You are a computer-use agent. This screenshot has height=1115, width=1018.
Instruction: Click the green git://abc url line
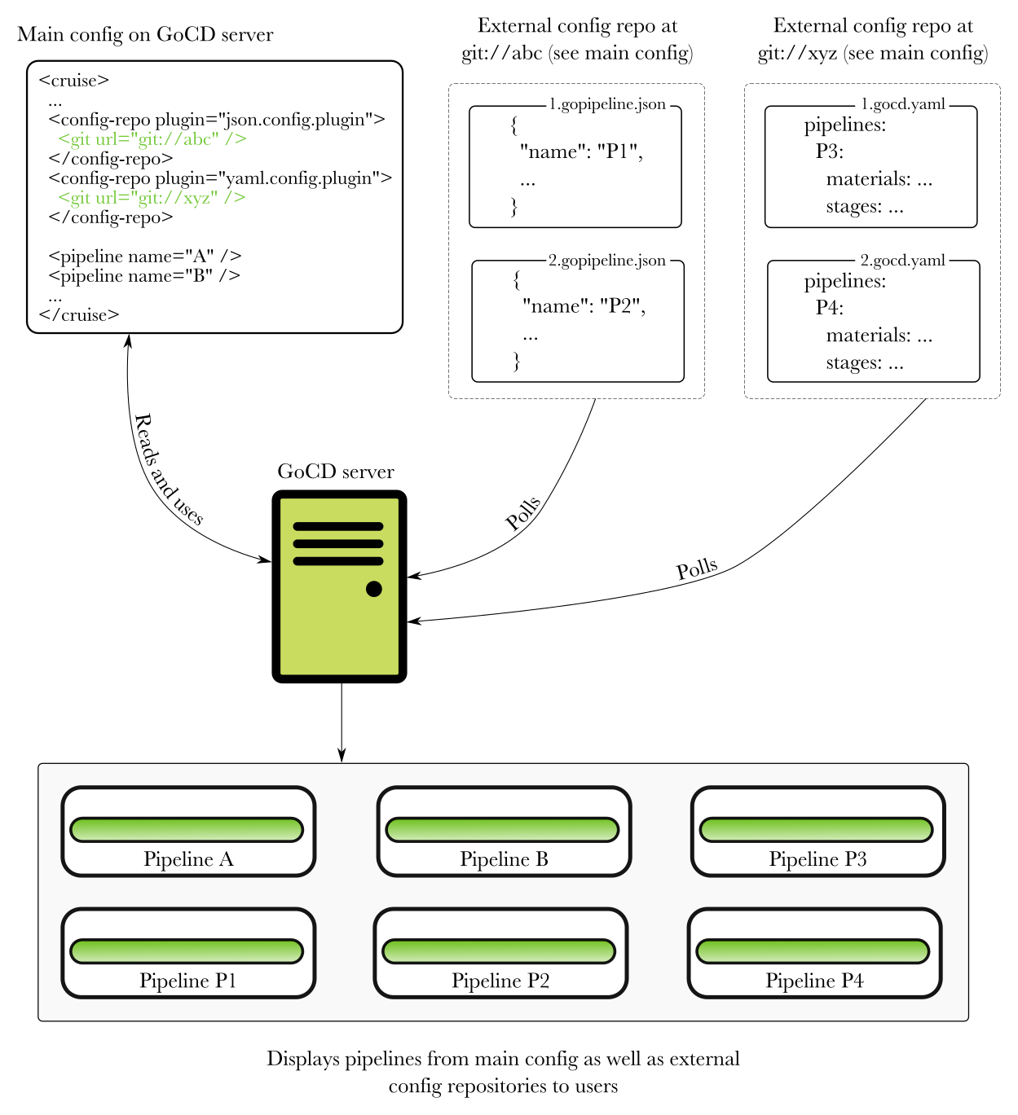[x=152, y=139]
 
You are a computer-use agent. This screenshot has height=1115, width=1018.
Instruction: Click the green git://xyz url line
[x=152, y=198]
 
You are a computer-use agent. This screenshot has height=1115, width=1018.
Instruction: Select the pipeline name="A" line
[x=144, y=257]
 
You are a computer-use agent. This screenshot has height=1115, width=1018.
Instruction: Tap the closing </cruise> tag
[x=79, y=315]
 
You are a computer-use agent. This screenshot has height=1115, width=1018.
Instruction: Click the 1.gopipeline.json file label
[x=607, y=104]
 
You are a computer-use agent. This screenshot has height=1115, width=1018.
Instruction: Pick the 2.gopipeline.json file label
[x=607, y=261]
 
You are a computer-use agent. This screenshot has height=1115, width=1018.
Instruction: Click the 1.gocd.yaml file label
[x=903, y=104]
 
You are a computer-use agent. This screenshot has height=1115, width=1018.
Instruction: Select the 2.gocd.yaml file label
[x=903, y=261]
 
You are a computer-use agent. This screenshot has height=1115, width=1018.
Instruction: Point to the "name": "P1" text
[x=581, y=151]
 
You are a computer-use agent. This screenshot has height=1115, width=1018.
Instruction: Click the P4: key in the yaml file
[x=829, y=308]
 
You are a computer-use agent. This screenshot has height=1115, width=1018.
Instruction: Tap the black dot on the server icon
[x=374, y=589]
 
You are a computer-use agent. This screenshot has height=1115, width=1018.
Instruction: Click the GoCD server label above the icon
[x=336, y=472]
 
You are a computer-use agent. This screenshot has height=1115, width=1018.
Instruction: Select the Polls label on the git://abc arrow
[x=523, y=513]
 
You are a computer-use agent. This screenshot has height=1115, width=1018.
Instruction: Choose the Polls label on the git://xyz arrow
[x=697, y=568]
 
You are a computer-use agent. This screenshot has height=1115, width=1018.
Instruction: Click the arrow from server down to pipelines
[x=342, y=722]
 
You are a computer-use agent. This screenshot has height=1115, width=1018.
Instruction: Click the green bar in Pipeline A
[x=187, y=829]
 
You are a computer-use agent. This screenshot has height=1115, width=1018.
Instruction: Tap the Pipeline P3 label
[x=817, y=859]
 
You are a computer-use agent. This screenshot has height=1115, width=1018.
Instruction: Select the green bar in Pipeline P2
[x=499, y=950]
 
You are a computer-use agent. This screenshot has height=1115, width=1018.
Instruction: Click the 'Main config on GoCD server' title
[x=145, y=35]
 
